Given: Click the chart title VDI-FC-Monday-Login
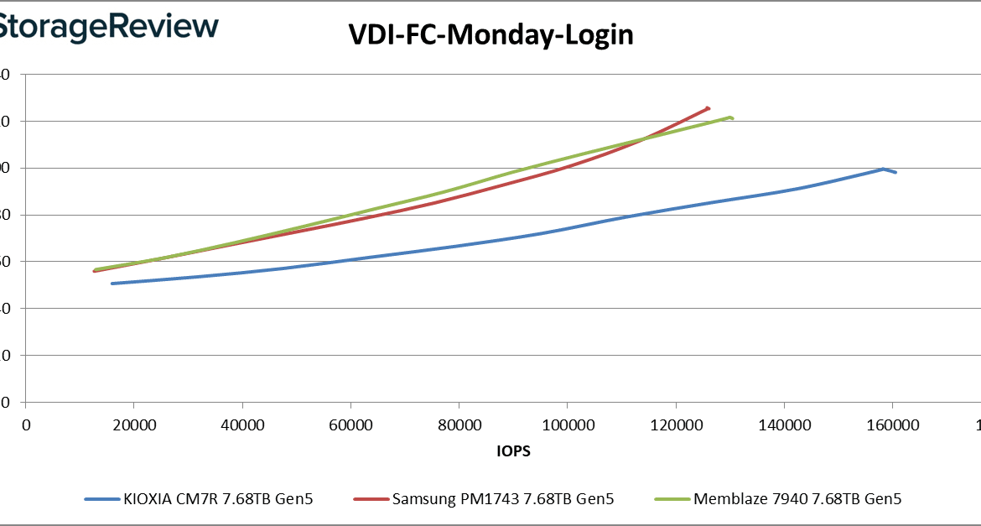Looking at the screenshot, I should coord(490,34).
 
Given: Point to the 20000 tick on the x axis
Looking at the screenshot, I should coord(134,425).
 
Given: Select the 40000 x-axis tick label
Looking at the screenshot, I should coord(242,425).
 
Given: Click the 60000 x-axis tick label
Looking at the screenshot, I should coord(350,425).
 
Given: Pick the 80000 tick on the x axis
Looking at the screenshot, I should coord(459,425).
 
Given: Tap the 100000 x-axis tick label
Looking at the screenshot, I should coord(567,425).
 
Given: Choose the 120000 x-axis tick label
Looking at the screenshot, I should coord(676,425).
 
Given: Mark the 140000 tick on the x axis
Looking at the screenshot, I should coord(784,425).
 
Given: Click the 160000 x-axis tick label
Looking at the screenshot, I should coord(892,425).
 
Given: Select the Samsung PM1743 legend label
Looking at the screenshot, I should coord(503,499).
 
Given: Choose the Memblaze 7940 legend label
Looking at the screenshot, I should coord(797,499).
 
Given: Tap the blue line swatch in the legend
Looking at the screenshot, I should coord(106,499).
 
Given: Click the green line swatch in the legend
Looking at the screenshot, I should coord(672,499).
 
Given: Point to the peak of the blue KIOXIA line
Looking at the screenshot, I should coord(884,169).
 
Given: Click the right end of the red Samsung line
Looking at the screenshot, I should coord(708,107).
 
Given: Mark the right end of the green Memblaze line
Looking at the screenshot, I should coord(732,117).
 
